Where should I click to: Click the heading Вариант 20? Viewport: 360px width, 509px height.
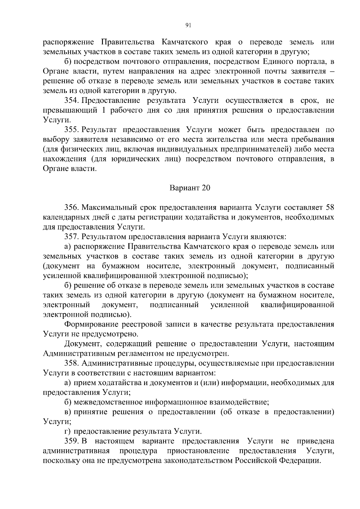(x=190, y=188)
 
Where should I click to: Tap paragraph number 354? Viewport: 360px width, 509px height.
(x=71, y=100)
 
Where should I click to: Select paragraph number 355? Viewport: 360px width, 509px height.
(x=71, y=130)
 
